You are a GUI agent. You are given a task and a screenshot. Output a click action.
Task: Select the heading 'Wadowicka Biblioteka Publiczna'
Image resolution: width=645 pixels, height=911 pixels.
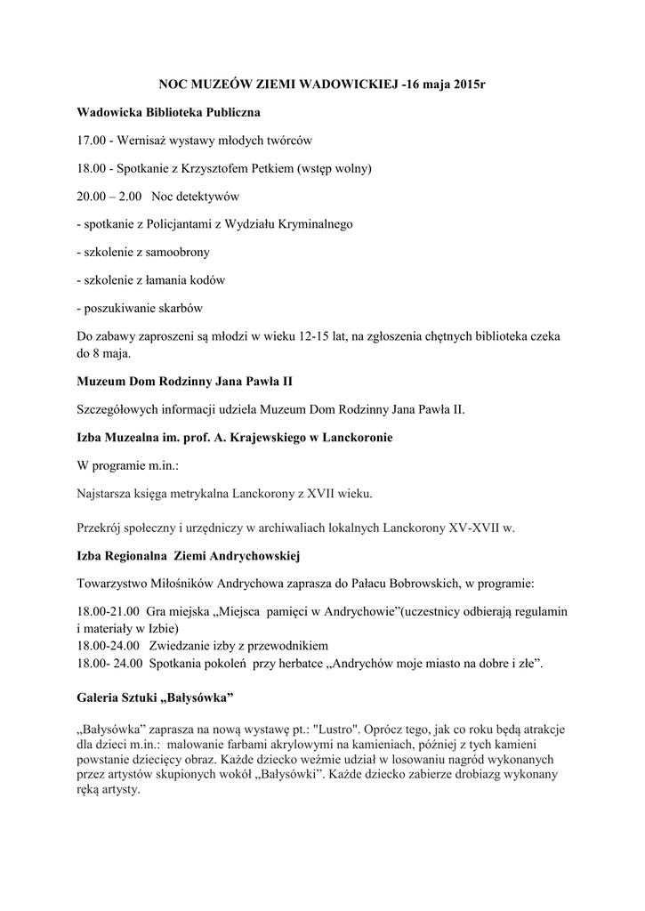point(169,114)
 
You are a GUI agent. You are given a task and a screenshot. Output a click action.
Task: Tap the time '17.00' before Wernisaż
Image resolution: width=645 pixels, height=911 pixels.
point(93,141)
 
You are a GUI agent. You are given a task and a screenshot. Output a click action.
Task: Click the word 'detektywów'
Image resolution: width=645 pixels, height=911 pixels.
point(206,197)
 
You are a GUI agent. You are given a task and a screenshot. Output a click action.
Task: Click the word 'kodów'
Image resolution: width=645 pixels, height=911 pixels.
point(206,280)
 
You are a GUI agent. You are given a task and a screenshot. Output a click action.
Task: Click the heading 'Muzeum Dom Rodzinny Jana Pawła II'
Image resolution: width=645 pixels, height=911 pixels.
point(185,382)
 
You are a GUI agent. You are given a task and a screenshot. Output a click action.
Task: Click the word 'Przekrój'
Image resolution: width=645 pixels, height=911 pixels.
point(102,528)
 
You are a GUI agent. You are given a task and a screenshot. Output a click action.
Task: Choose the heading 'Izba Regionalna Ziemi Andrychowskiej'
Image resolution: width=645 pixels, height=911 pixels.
point(189,556)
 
